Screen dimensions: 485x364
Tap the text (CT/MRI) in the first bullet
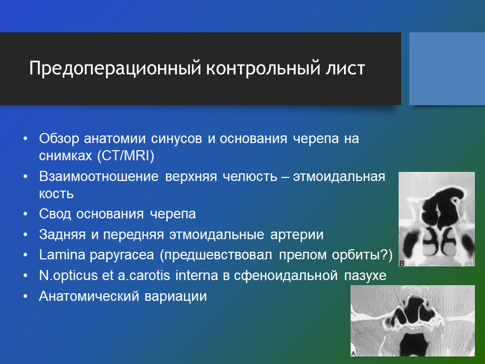click(126, 156)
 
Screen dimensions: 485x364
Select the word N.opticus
click(68, 276)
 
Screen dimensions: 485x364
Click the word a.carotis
click(144, 276)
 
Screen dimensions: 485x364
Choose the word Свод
click(55, 214)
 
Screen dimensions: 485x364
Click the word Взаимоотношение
click(99, 177)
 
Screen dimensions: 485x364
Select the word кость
click(56, 194)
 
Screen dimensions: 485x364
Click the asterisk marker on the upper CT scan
click(455, 201)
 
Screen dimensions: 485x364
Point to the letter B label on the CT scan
click(402, 263)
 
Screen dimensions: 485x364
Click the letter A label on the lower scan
click(353, 353)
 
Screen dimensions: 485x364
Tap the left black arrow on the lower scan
click(404, 302)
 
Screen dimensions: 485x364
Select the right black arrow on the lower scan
click(427, 304)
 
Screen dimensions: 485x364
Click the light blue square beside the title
click(447, 69)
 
